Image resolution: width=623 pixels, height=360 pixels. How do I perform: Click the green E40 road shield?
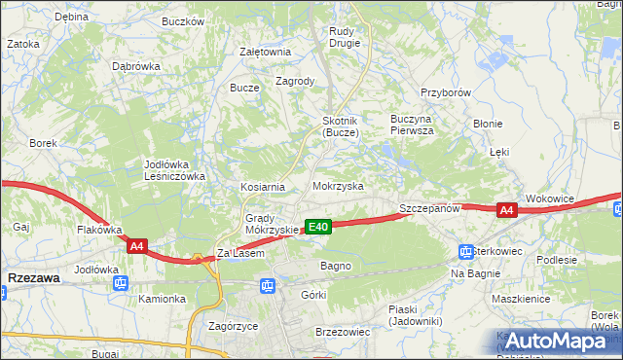click(x=318, y=227)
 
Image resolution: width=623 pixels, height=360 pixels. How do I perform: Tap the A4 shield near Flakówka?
click(x=137, y=247)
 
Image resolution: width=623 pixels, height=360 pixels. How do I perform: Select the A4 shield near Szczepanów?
click(x=505, y=209)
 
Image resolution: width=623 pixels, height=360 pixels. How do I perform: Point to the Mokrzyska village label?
click(x=338, y=185)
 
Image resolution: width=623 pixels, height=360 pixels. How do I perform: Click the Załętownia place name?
click(x=266, y=52)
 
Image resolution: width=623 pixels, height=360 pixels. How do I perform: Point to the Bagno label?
click(x=335, y=265)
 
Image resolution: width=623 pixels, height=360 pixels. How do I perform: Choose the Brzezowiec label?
click(x=343, y=331)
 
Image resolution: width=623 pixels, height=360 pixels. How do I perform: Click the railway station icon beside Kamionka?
click(x=121, y=283)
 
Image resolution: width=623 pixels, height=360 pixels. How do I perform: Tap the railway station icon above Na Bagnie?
click(x=465, y=252)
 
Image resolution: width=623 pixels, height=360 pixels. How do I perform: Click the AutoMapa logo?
click(x=558, y=340)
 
